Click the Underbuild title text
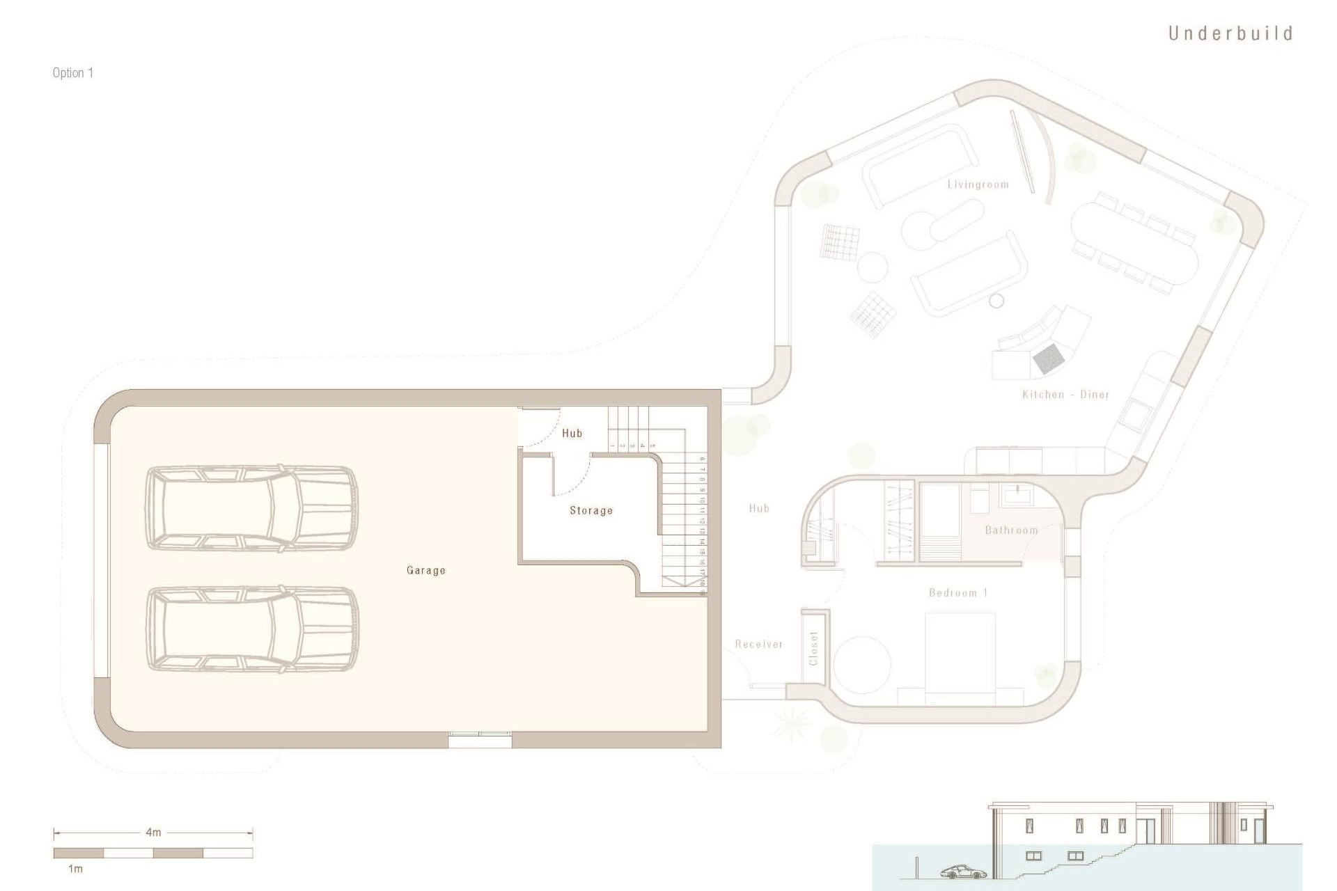[1230, 33]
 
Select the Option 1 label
[72, 73]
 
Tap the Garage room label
[425, 570]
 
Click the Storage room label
[591, 510]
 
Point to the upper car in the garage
[251, 508]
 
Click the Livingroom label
[978, 184]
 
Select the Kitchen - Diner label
[1065, 395]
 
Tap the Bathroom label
[1011, 530]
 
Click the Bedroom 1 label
[958, 593]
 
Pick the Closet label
[813, 649]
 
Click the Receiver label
[758, 645]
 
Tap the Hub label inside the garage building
[572, 433]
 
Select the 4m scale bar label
[153, 833]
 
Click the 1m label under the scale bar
[75, 869]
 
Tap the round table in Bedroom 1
[862, 664]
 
